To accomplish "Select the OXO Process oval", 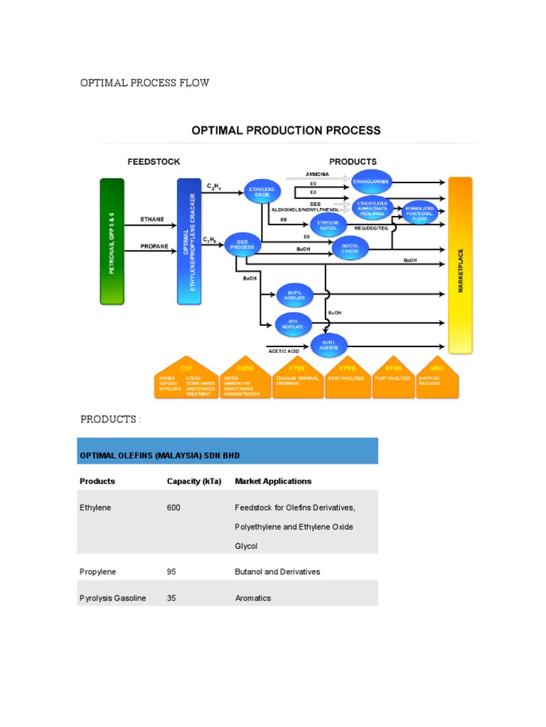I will point(242,245).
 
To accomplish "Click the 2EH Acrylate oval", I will point(294,324).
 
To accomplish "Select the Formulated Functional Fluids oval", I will point(419,214).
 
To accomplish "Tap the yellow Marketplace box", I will point(460,265).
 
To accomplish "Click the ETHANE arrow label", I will point(152,219).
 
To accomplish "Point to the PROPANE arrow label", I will point(154,246).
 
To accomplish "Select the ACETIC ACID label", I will point(283,351).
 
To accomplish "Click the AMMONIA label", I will point(317,174).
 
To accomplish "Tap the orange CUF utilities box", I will point(186,377).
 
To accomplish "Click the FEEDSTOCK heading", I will point(154,161).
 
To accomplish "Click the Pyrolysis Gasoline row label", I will point(113,598).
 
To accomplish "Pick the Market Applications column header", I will point(273,481).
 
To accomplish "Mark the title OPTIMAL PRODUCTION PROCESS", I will point(285,131).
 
